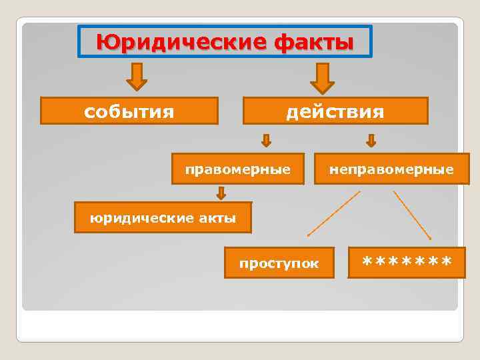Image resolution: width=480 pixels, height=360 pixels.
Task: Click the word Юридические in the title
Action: tap(181, 43)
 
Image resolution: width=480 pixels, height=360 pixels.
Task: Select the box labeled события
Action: tap(129, 111)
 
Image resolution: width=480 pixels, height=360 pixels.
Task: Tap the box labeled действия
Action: tap(335, 111)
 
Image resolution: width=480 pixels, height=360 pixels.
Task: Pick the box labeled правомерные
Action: tap(238, 169)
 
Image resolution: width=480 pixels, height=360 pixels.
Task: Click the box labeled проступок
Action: tap(279, 263)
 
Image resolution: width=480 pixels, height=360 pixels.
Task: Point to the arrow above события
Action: tap(136, 77)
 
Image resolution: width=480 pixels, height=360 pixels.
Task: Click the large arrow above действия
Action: tap(323, 78)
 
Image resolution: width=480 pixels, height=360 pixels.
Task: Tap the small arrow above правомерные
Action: tap(265, 140)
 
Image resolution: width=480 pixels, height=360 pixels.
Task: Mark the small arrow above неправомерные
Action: tap(371, 140)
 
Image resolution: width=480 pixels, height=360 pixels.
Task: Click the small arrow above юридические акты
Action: tap(221, 193)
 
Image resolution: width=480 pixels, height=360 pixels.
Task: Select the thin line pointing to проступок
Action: tap(333, 213)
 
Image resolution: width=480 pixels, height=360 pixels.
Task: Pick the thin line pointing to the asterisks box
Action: tap(412, 215)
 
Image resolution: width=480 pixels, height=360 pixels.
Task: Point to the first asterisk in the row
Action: tap(367, 260)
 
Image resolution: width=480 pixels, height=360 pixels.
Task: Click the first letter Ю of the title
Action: tap(106, 43)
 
